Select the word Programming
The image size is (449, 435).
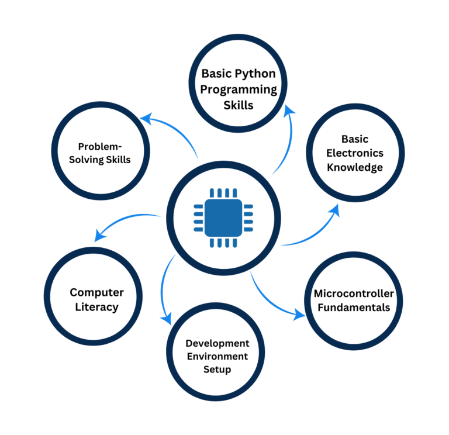[239, 89]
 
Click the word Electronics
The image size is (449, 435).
[355, 153]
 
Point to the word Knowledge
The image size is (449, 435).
[355, 167]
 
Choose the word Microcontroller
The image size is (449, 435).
[354, 294]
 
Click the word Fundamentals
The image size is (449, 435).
[354, 308]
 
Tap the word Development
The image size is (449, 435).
[217, 343]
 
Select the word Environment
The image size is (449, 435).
[217, 356]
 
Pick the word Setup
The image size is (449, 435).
[217, 369]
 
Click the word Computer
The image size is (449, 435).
[96, 292]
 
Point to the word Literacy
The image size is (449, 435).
[96, 306]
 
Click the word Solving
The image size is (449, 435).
[86, 160]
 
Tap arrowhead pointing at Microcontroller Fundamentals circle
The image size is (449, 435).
[299, 315]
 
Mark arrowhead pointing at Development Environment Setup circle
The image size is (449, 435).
[167, 319]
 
